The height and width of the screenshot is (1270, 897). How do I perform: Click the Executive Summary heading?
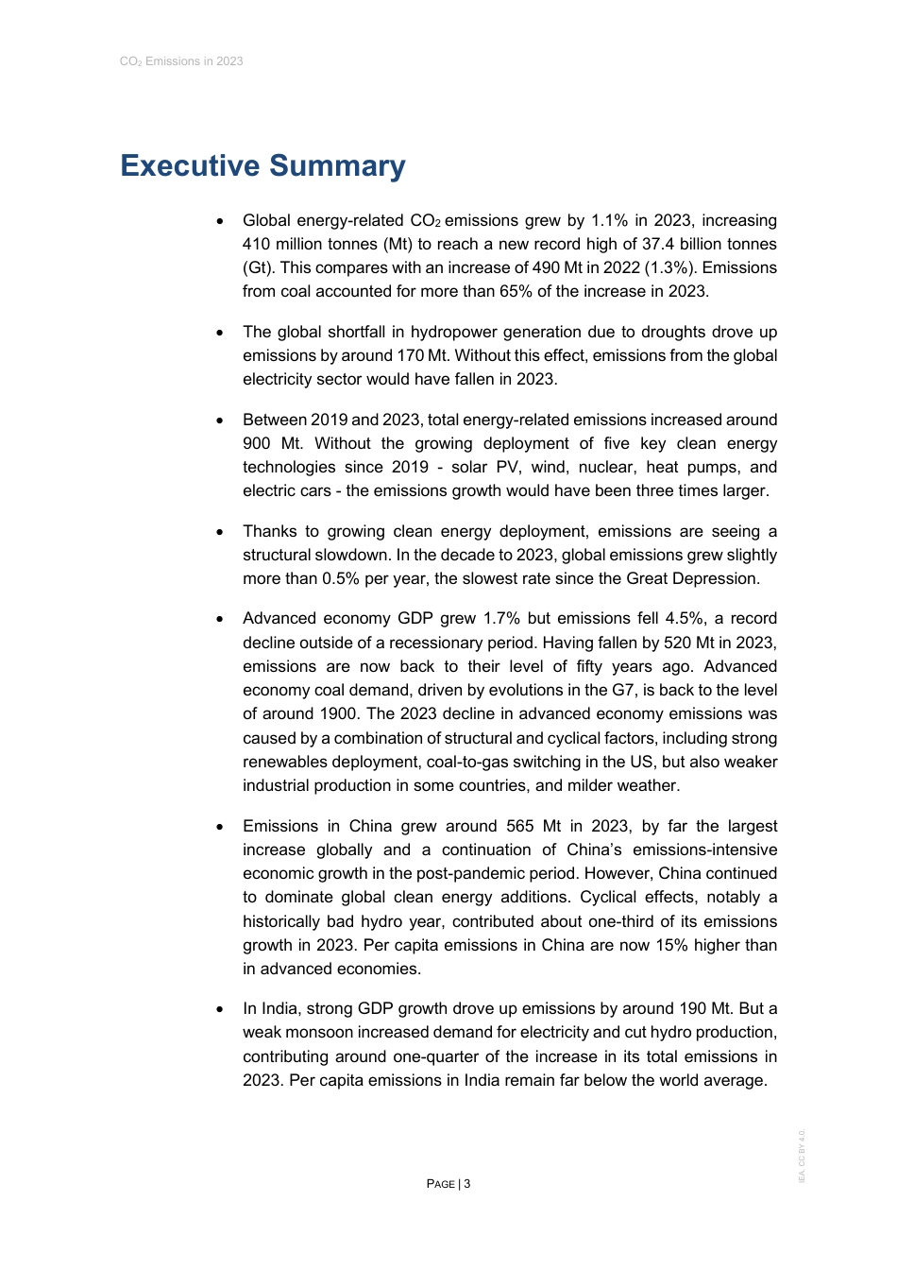262,166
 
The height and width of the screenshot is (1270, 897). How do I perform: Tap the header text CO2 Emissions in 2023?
181,61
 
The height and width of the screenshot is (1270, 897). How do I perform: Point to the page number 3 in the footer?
466,1184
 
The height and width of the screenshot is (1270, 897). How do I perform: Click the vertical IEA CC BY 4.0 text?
802,1156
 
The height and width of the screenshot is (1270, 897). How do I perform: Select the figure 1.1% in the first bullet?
609,221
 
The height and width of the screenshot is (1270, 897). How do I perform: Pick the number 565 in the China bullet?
520,827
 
